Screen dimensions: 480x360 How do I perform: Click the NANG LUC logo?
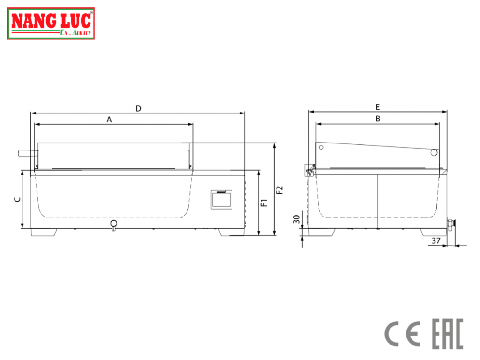click(51, 23)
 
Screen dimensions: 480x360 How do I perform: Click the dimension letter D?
click(138, 108)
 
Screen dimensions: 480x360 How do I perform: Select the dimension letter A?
click(109, 120)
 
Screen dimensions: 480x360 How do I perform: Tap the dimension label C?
click(18, 200)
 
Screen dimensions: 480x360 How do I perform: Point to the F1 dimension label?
click(264, 202)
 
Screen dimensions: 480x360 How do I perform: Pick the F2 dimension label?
click(279, 190)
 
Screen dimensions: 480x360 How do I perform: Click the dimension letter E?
click(378, 107)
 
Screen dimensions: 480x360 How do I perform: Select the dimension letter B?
click(378, 119)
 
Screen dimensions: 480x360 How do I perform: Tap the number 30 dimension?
click(296, 219)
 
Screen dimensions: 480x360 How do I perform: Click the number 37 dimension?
click(436, 240)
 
